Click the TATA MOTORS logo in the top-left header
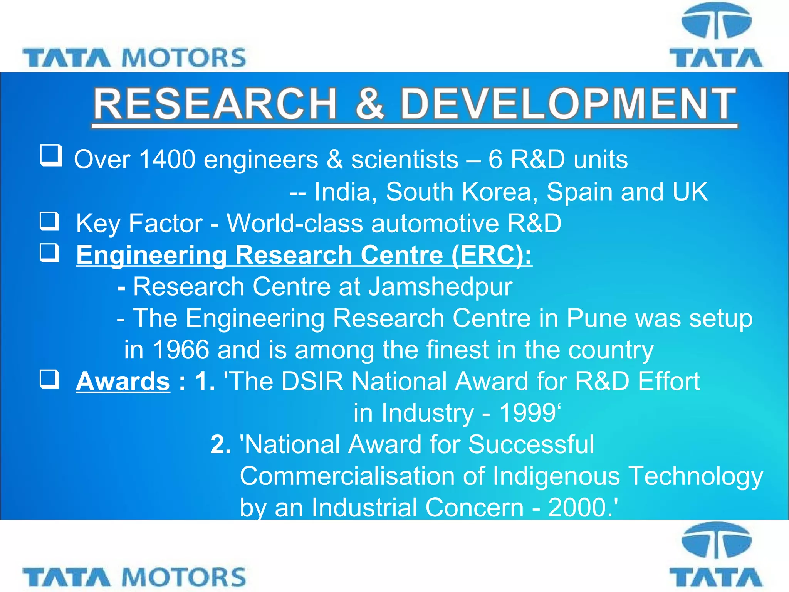pyautogui.click(x=134, y=58)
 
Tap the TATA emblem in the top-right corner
pyautogui.click(x=716, y=37)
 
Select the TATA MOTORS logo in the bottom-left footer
pyautogui.click(x=134, y=577)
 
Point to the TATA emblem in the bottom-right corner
pyautogui.click(x=716, y=555)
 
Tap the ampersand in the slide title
pyautogui.click(x=369, y=104)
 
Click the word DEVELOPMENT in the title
pyautogui.click(x=568, y=104)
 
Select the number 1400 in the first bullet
pyautogui.click(x=167, y=159)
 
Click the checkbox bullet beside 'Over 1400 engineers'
pyautogui.click(x=51, y=155)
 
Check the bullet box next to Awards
pyautogui.click(x=50, y=379)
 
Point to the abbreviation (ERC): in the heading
pyautogui.click(x=492, y=255)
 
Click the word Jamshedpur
pyautogui.click(x=440, y=287)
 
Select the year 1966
pyautogui.click(x=181, y=350)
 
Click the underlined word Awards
pyautogui.click(x=123, y=381)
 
